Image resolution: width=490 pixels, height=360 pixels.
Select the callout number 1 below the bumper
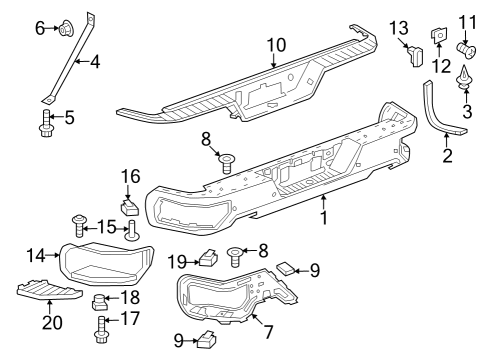coord(322,216)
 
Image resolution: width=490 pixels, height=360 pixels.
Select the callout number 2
coord(446,156)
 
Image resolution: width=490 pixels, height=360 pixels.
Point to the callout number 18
coord(128,297)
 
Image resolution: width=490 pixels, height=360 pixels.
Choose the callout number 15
coord(105,226)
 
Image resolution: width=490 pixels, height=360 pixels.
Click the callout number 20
coord(49,323)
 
